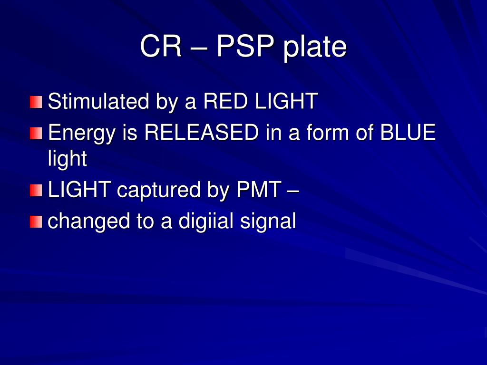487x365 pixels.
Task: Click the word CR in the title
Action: click(x=161, y=46)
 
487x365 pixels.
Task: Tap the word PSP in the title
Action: click(x=245, y=46)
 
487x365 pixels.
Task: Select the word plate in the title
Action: click(x=315, y=47)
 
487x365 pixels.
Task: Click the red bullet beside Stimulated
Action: click(x=36, y=102)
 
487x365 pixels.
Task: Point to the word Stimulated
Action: click(x=98, y=101)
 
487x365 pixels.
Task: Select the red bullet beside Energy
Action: click(x=36, y=134)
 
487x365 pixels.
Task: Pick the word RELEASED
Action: click(x=201, y=132)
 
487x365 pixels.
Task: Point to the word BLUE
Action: click(x=408, y=132)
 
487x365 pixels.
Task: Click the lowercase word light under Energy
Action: click(x=68, y=159)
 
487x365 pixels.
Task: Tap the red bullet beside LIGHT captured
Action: click(x=36, y=190)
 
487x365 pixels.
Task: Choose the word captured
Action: click(x=158, y=191)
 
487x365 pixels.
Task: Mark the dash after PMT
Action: click(x=293, y=191)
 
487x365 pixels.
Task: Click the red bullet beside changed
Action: click(x=36, y=222)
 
